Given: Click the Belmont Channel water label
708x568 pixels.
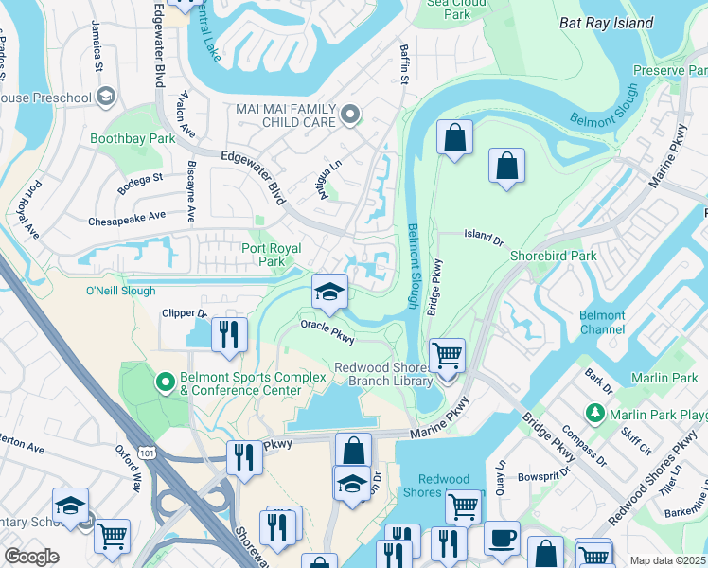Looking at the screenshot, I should (602, 323).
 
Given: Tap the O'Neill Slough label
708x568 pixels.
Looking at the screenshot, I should (120, 291).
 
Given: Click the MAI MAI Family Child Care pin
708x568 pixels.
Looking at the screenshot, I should (350, 115).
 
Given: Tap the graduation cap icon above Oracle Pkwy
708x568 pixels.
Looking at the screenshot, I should (329, 291).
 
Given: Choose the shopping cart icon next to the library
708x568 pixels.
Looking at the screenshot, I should (447, 356).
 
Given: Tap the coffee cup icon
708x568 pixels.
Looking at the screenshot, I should (502, 539).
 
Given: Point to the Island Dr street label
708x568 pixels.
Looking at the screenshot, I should (483, 239).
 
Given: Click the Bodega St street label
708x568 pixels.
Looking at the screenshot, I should (141, 177).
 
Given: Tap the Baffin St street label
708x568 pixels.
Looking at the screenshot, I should (401, 64).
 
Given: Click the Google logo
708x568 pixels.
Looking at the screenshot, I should (31, 557).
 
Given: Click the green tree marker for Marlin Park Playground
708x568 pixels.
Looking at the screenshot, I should (594, 413).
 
